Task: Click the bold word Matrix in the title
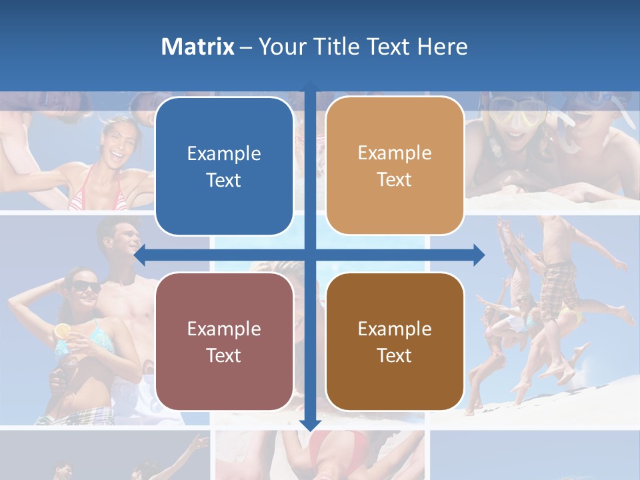[197, 46]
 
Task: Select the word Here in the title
[442, 46]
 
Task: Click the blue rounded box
[224, 167]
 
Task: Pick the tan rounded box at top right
[395, 166]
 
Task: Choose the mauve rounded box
[224, 341]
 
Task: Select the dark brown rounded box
[395, 341]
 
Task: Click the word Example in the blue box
[224, 153]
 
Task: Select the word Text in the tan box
[395, 180]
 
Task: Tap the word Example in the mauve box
[224, 329]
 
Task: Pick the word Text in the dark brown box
[395, 355]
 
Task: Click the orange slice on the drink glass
[62, 330]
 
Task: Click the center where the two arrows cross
[310, 255]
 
